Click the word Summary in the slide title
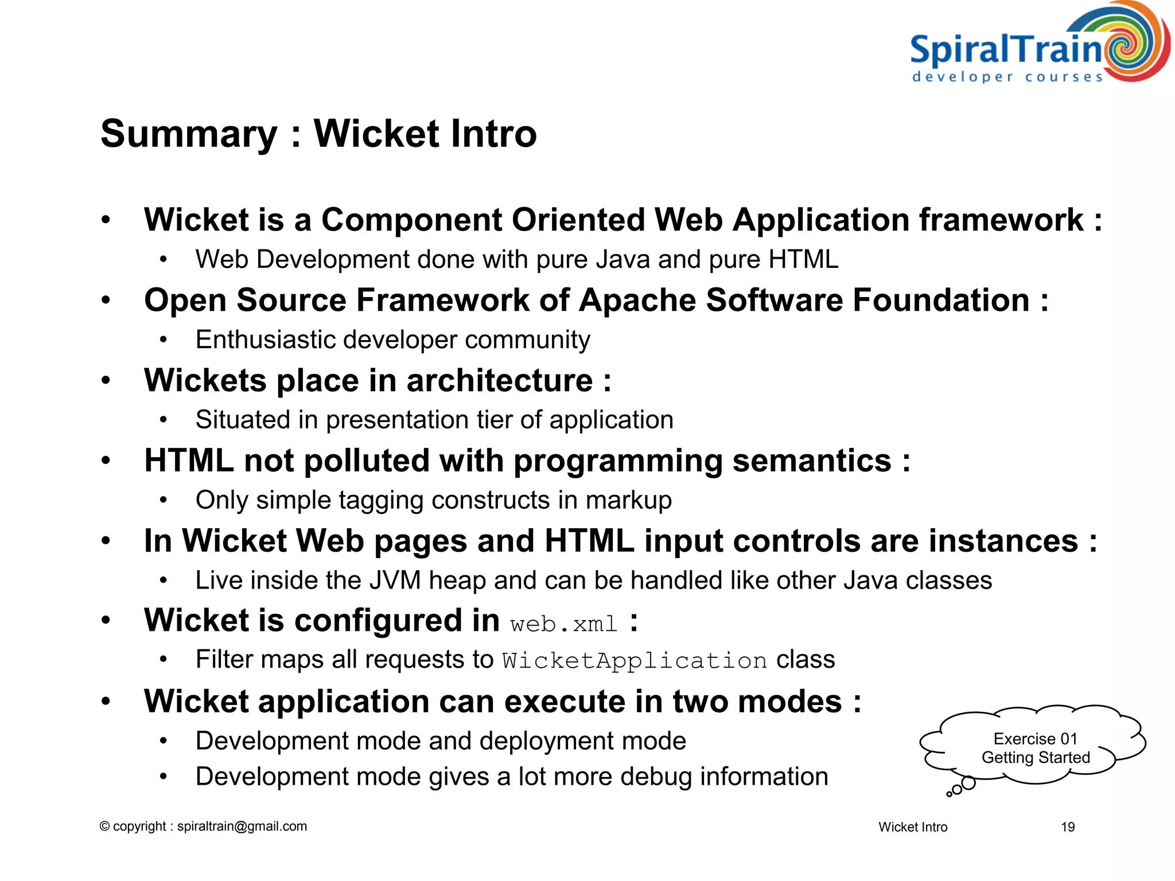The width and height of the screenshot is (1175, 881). pos(189,134)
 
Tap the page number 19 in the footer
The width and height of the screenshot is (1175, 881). pos(1067,827)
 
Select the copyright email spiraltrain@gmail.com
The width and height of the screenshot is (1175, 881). pos(242,827)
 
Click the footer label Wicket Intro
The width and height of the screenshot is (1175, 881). pos(912,827)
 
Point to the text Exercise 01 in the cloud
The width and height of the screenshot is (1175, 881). pos(1035,739)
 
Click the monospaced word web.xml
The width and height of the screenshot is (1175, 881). pos(563,624)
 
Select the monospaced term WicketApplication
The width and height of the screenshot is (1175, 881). pos(635,661)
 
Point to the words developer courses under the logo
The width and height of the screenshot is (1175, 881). pos(1007,77)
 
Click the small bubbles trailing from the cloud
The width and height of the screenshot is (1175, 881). pos(962,787)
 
